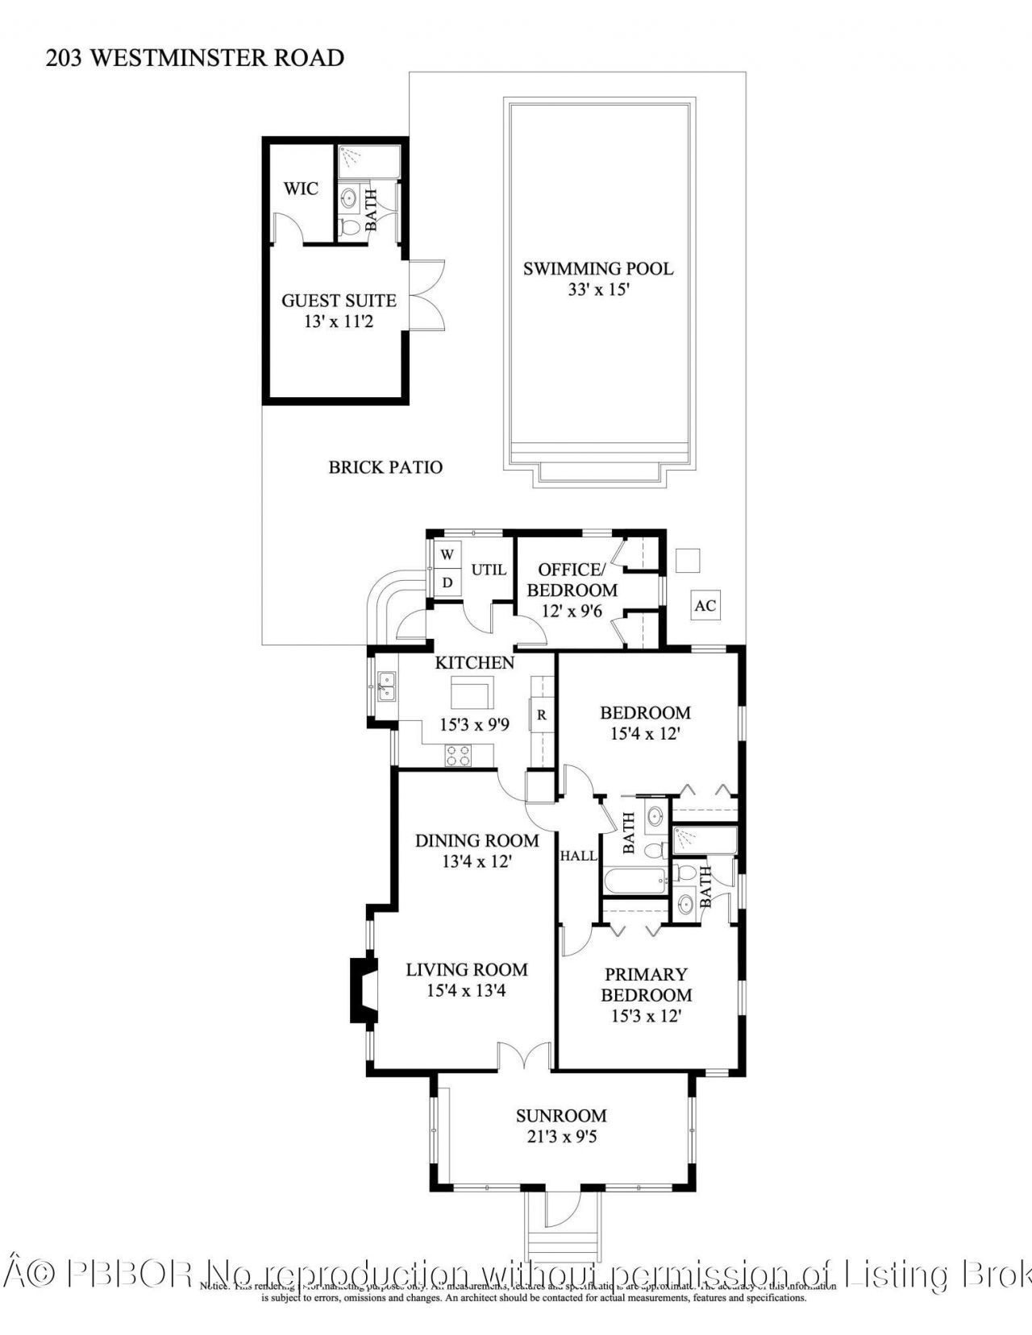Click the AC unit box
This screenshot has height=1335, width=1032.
(705, 605)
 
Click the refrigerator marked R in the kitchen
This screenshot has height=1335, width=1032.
(542, 715)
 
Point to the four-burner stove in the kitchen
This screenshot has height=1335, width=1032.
(459, 755)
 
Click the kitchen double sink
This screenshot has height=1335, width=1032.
(387, 686)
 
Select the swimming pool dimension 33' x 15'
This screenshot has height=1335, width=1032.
(597, 289)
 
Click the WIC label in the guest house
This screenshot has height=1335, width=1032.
(301, 189)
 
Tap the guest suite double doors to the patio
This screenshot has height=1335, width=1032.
(427, 293)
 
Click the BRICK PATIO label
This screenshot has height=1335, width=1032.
(385, 467)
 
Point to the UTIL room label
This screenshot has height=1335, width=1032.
(489, 570)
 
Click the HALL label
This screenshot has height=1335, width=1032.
(578, 856)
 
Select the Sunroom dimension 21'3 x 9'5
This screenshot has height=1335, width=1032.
(561, 1137)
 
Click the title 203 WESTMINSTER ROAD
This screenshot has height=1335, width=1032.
(195, 58)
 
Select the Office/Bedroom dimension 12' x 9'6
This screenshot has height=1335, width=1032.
(572, 611)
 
